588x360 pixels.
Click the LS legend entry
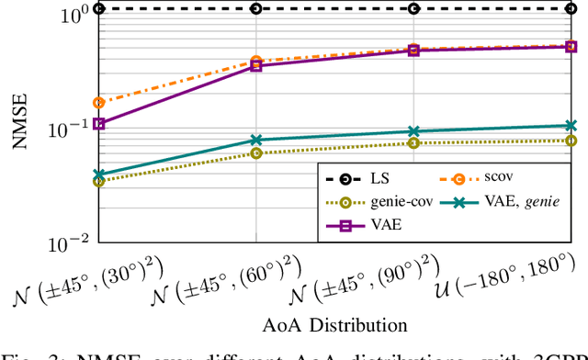(383, 177)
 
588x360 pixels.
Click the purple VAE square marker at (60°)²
(256, 65)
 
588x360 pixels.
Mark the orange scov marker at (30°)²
(99, 102)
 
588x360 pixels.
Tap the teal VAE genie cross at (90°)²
(413, 131)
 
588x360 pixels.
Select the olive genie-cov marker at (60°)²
(256, 152)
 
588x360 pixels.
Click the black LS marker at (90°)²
(413, 8)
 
